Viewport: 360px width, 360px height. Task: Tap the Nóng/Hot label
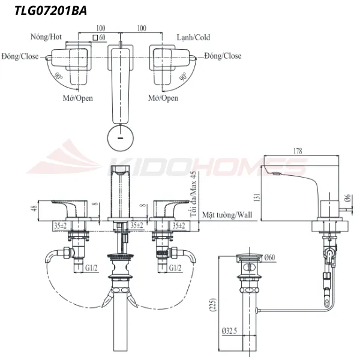pos(46,37)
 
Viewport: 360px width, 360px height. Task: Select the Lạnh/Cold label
pos(193,37)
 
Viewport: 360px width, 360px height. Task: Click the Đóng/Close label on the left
pos(20,56)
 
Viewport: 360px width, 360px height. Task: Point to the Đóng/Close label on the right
pos(223,56)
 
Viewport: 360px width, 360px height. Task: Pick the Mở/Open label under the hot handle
pos(78,98)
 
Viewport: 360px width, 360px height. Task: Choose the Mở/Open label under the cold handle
pos(163,98)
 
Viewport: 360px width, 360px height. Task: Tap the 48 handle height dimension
pos(34,209)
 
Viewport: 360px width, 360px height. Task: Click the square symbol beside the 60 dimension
pos(94,37)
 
